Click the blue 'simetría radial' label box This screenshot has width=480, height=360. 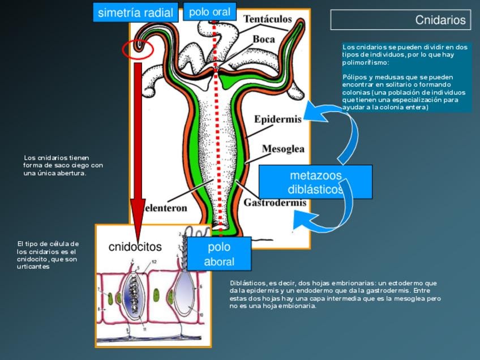click(x=135, y=12)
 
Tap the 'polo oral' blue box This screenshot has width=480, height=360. click(x=209, y=12)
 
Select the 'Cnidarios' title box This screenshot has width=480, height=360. click(x=401, y=20)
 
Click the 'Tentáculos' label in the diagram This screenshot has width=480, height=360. click(x=268, y=19)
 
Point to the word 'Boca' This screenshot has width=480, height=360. click(x=264, y=40)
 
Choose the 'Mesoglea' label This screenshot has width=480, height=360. click(x=283, y=149)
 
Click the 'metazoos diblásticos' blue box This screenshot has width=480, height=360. click(x=315, y=182)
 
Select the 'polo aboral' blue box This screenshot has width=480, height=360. click(x=219, y=254)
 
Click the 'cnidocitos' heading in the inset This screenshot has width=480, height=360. click(x=135, y=247)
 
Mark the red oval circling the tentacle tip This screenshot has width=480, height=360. click(x=138, y=49)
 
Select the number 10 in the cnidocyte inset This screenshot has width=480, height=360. click(x=201, y=315)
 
